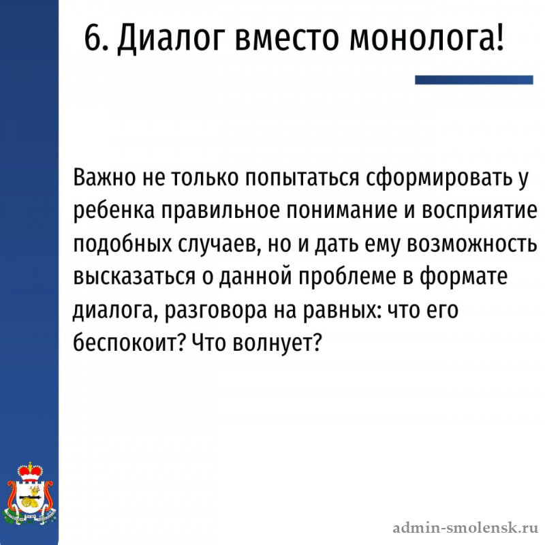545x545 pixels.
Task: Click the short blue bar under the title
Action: [473, 80]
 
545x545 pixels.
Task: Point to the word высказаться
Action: [134, 277]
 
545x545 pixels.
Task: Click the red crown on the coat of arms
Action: [30, 471]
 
